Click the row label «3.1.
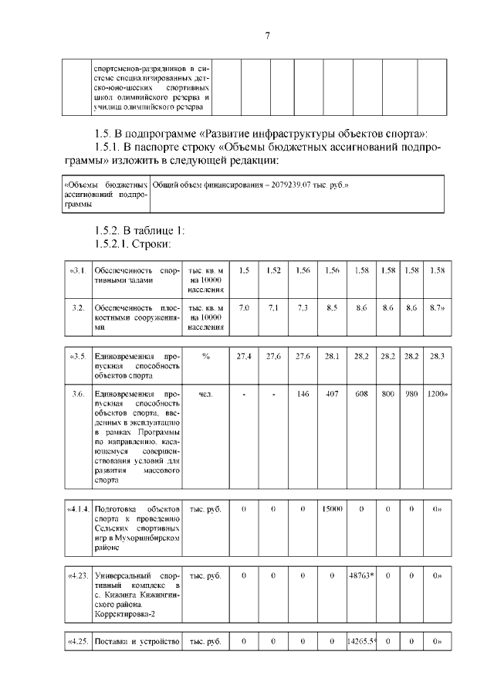pyautogui.click(x=77, y=270)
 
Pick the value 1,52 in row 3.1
pyautogui.click(x=273, y=270)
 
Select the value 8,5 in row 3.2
pyautogui.click(x=332, y=308)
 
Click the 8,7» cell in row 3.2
pyautogui.click(x=438, y=308)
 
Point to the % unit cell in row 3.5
pyautogui.click(x=205, y=356)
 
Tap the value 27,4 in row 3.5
pyautogui.click(x=244, y=356)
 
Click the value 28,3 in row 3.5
pyautogui.click(x=438, y=356)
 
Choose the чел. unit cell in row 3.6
pyautogui.click(x=205, y=394)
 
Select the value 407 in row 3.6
pyautogui.click(x=332, y=394)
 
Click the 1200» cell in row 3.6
pyautogui.click(x=438, y=394)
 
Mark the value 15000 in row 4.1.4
pyautogui.click(x=332, y=510)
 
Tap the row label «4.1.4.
pyautogui.click(x=77, y=510)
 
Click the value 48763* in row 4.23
pyautogui.click(x=361, y=575)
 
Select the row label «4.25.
pyautogui.click(x=77, y=642)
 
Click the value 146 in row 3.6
pyautogui.click(x=303, y=394)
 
